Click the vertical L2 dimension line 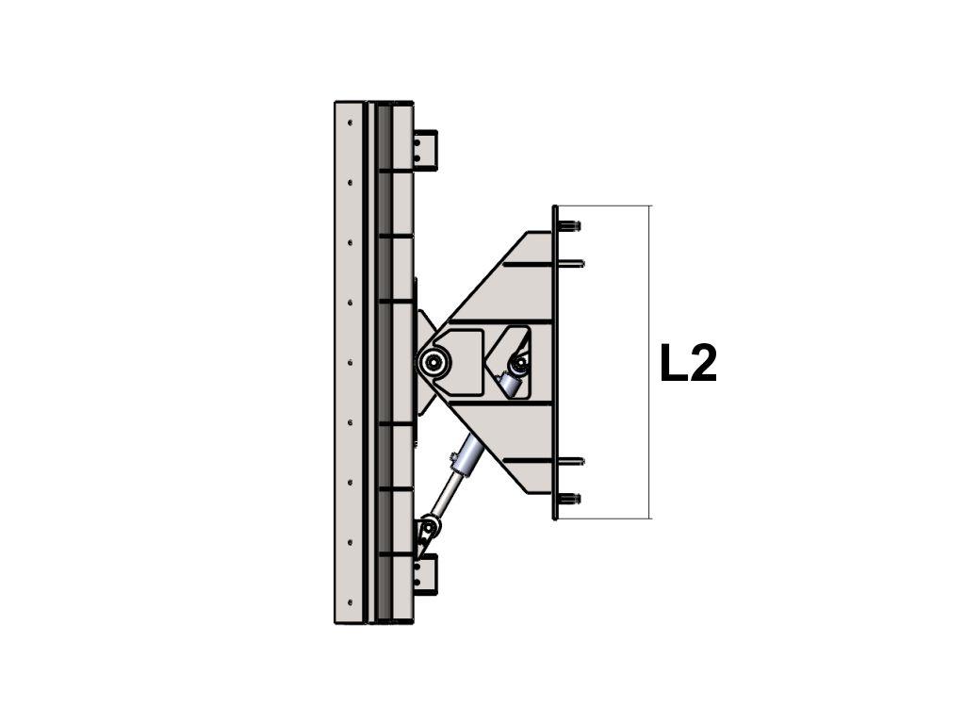(650, 362)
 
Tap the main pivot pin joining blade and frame (435, 362)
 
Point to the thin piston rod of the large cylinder (445, 496)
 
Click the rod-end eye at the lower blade (428, 528)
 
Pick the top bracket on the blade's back (425, 150)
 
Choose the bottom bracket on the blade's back (425, 574)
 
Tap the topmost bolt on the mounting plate (569, 226)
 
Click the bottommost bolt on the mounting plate (569, 499)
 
